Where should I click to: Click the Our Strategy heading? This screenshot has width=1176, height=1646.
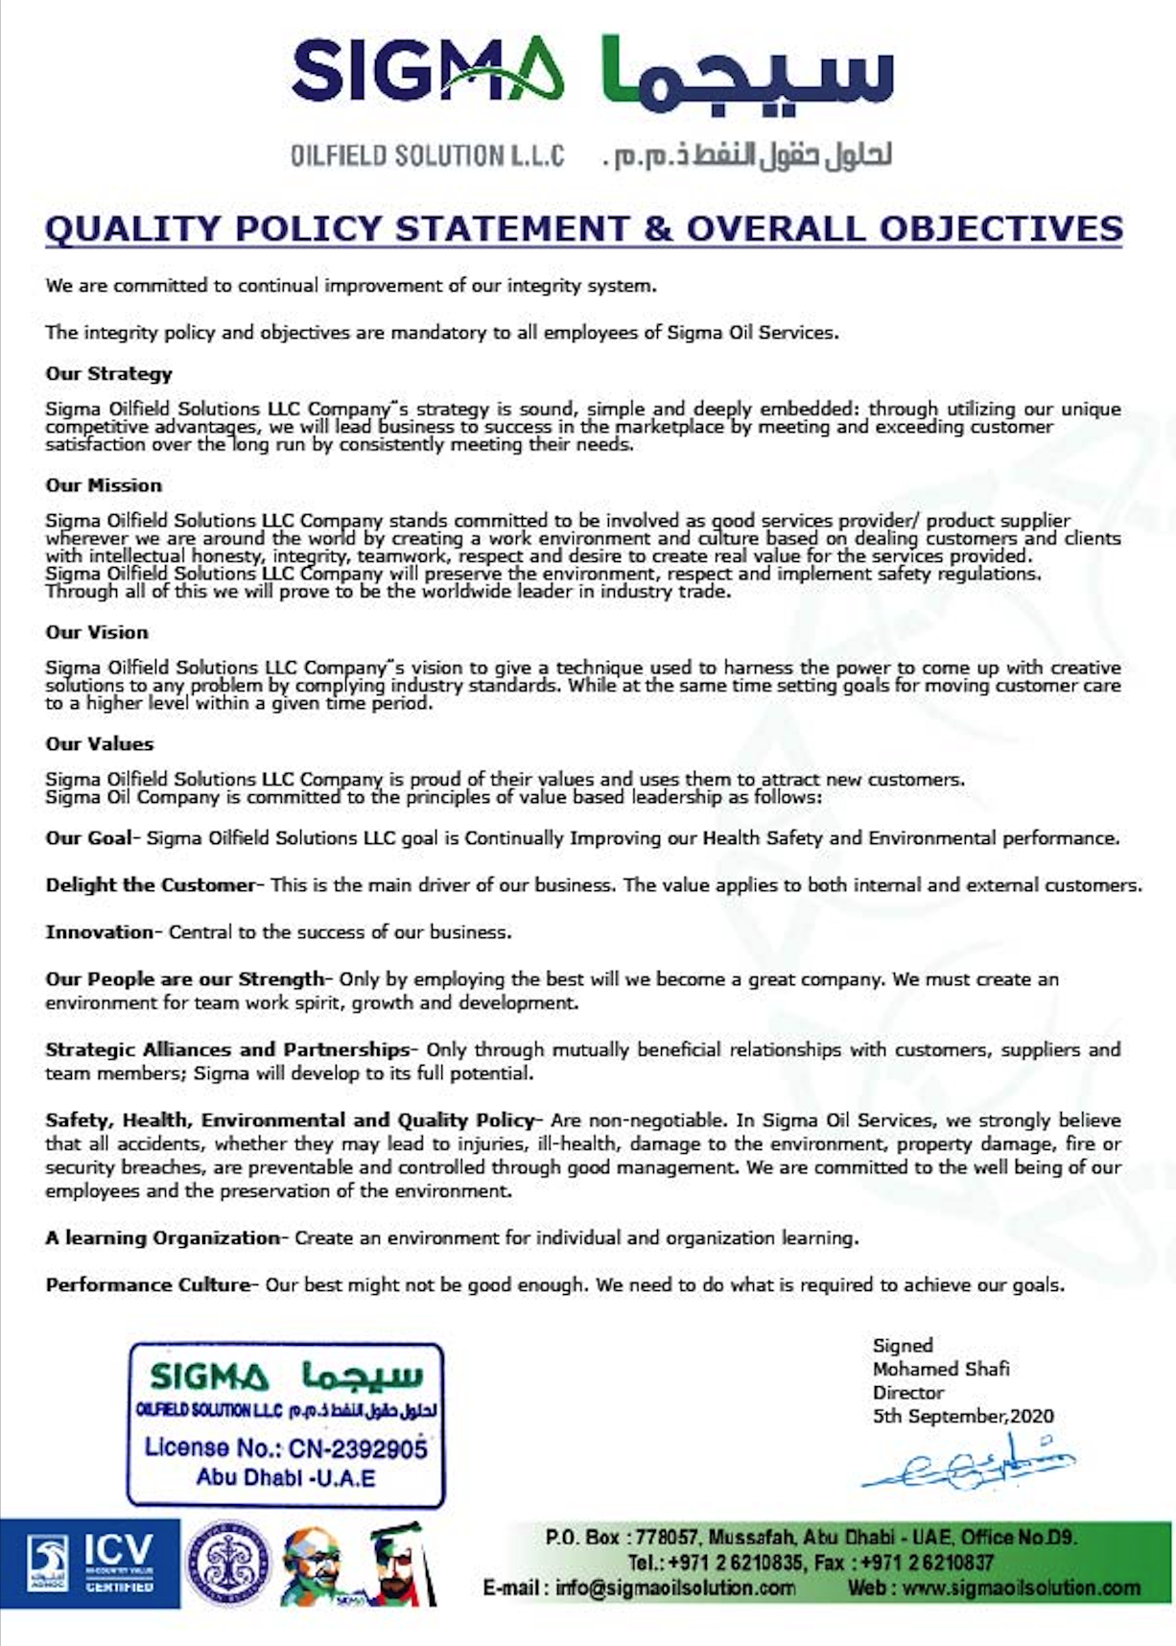tap(108, 374)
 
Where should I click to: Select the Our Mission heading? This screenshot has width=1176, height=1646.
tap(104, 485)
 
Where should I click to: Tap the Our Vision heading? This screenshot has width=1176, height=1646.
tap(97, 632)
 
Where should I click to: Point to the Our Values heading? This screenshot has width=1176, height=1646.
tap(99, 743)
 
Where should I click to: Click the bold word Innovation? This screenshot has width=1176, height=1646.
tap(99, 931)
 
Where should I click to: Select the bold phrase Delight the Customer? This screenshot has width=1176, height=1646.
tap(151, 884)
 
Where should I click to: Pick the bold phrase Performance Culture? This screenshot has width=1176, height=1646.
tap(147, 1284)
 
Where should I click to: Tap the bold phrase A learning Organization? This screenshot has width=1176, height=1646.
tap(162, 1237)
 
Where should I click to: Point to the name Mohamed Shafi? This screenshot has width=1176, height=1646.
tap(940, 1369)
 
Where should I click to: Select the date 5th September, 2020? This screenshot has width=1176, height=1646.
tap(962, 1416)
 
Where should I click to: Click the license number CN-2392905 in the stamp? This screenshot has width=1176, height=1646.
tap(357, 1447)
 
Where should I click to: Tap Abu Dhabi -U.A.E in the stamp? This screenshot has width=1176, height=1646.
tap(286, 1477)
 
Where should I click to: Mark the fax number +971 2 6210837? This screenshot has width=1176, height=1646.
tap(926, 1563)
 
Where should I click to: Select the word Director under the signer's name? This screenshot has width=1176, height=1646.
tap(907, 1392)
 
